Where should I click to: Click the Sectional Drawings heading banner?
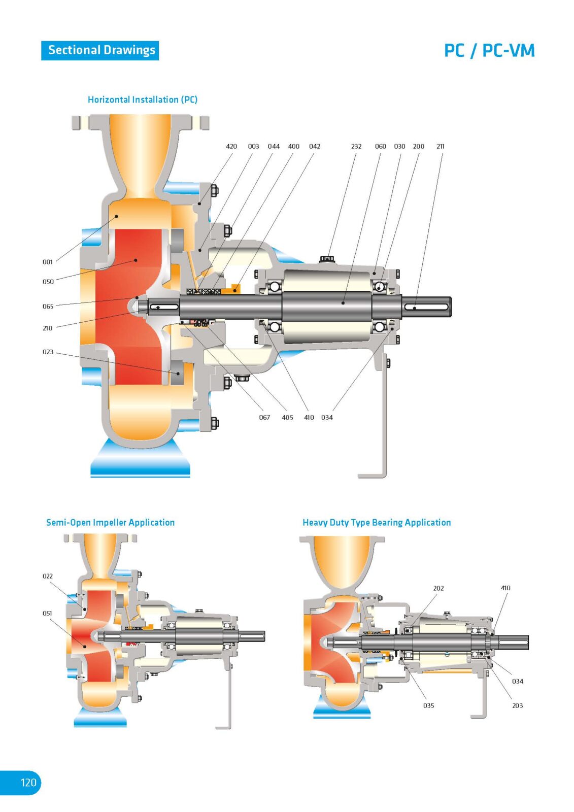pos(100,50)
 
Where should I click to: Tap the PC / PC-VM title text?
pos(489,51)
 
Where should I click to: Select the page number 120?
pos(28,782)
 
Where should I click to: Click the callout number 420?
pos(231,146)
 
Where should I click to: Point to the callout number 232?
pos(356,146)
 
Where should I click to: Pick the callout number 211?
pos(440,146)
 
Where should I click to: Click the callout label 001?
pos(48,262)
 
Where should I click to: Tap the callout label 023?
pos(48,352)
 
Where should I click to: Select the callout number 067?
pos(264,417)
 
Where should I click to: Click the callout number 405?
pos(287,417)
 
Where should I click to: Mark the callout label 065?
pos(48,307)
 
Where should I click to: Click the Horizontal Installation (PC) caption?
pos(143,99)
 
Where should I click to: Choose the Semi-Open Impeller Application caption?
pos(110,522)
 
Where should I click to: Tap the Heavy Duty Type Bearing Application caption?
pos(377,522)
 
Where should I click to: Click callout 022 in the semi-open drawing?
pos(48,576)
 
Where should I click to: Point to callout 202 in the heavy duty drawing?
pos(438,588)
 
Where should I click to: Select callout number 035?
pos(428,705)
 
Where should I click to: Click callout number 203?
pos(517,705)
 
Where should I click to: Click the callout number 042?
pos(315,146)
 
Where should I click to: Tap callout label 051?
pos(47,613)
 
